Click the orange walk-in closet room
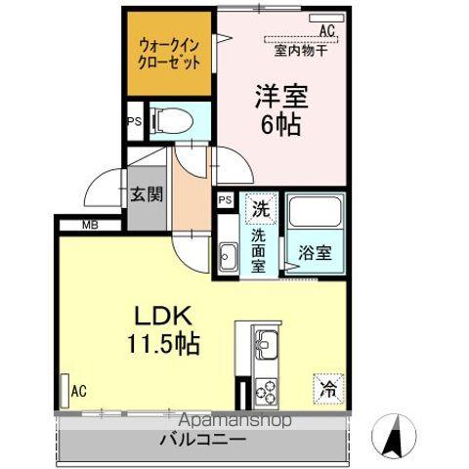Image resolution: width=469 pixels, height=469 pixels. (168, 54)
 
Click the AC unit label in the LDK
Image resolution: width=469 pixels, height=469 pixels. (78, 391)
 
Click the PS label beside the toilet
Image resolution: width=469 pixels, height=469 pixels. (134, 122)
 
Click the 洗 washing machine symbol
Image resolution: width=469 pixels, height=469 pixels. (260, 207)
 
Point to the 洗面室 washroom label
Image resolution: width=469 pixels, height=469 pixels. (259, 250)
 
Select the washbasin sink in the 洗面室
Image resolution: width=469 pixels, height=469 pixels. (229, 259)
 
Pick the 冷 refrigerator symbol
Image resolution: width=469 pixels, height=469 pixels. (328, 388)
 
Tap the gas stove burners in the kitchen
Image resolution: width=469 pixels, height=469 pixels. (266, 391)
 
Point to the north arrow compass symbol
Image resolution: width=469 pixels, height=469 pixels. (394, 437)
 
